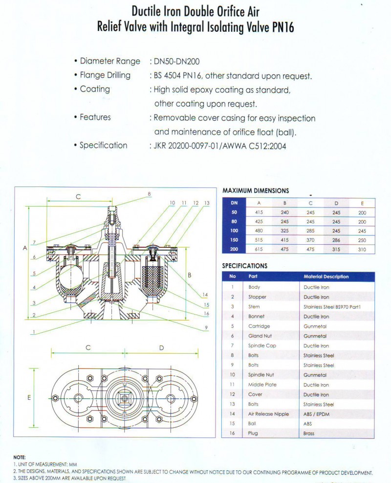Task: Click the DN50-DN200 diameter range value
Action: pyautogui.click(x=176, y=61)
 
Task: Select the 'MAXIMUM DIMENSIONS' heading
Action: pyautogui.click(x=256, y=190)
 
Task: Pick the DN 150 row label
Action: pyautogui.click(x=234, y=240)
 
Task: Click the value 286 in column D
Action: pyautogui.click(x=336, y=240)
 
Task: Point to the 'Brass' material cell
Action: pyautogui.click(x=309, y=434)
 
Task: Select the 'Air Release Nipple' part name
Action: pyautogui.click(x=268, y=414)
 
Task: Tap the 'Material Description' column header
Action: pyautogui.click(x=326, y=276)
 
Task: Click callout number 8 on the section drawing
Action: pyautogui.click(x=149, y=194)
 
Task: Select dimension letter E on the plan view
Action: pyautogui.click(x=29, y=398)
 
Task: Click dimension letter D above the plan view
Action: pyautogui.click(x=162, y=347)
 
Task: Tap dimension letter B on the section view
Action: pyautogui.click(x=189, y=276)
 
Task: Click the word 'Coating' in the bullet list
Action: pyautogui.click(x=95, y=89)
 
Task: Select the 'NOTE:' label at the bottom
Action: pyautogui.click(x=20, y=457)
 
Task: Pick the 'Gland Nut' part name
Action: pyautogui.click(x=260, y=336)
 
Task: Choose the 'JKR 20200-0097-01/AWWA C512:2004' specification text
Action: pyautogui.click(x=220, y=146)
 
